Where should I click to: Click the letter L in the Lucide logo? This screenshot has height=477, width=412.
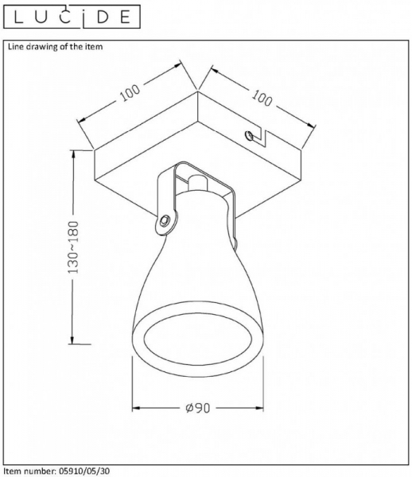click(18, 17)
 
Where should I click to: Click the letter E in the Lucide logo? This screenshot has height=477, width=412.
click(125, 17)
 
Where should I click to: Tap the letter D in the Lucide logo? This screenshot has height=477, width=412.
click(103, 17)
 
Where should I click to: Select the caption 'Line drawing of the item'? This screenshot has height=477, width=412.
click(55, 47)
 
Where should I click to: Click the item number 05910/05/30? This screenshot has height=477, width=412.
click(83, 471)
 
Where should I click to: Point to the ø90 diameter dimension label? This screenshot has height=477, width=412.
click(198, 408)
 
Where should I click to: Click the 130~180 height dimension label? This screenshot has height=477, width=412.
click(73, 247)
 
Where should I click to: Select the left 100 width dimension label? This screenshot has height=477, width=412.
click(130, 92)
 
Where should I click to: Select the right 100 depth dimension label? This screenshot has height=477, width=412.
click(262, 98)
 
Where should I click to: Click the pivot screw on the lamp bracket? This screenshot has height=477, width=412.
click(165, 220)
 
